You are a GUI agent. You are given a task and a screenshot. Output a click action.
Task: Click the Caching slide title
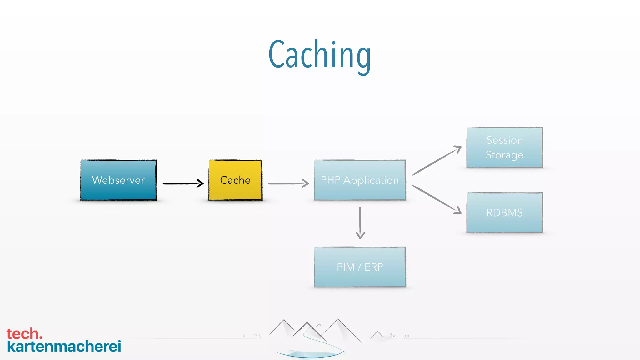[x=319, y=55]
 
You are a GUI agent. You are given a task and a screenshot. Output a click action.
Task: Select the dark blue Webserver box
[x=118, y=180]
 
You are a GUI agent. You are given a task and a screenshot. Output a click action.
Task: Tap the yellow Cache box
[x=235, y=180]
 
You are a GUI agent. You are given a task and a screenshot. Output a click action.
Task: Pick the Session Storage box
[x=505, y=147]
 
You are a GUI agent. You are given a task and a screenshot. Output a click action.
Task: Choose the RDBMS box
[x=505, y=212]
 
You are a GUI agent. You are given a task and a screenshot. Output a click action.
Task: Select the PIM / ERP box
[x=360, y=267]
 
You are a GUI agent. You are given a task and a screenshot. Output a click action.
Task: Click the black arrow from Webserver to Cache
[x=183, y=183]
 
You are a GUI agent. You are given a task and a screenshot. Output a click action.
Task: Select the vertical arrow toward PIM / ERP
[x=360, y=222]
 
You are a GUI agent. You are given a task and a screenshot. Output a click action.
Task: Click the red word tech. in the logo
[x=24, y=334]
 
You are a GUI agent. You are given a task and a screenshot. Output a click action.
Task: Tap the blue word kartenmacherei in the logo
[x=64, y=347]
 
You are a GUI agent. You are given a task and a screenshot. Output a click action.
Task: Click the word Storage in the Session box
[x=504, y=155]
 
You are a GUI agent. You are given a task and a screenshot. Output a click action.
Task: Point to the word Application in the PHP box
[x=371, y=180]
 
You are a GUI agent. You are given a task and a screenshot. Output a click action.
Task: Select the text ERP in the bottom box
[x=374, y=267]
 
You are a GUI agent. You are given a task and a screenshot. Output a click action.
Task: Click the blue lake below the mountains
[x=309, y=354]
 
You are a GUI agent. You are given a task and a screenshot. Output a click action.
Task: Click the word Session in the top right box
[x=505, y=140]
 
